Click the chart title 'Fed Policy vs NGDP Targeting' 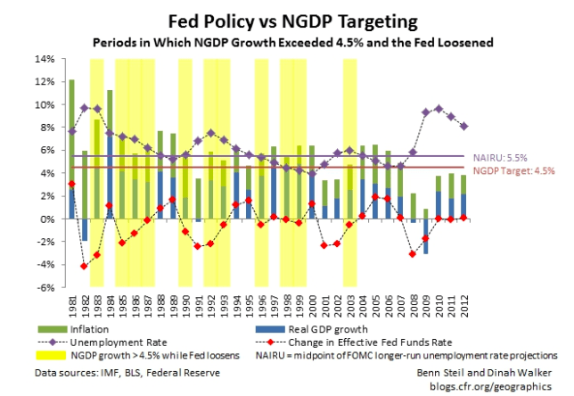pos(286,20)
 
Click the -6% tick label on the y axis pos(45,287)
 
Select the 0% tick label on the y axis pos(47,219)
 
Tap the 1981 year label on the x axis pos(72,308)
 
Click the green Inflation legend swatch pos(81,328)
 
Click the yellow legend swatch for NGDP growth pos(81,354)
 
